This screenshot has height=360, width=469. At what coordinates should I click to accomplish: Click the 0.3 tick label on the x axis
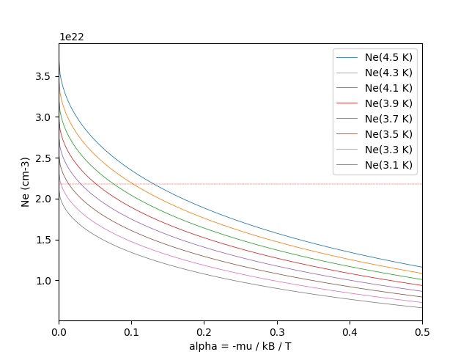(x=277, y=332)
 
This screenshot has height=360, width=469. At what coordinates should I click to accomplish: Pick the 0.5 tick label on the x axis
(x=422, y=332)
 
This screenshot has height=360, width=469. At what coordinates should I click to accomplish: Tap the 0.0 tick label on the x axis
(x=59, y=332)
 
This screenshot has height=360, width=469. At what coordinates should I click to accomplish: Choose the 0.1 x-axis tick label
(x=131, y=332)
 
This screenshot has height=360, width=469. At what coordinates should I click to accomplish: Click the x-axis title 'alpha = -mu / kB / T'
(x=240, y=346)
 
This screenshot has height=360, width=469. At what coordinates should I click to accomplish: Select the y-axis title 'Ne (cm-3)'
(x=25, y=182)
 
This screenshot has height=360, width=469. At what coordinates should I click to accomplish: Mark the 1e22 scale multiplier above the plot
(x=72, y=37)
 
